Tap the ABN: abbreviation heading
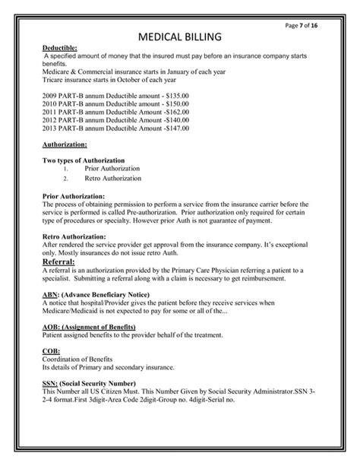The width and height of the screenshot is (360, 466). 52,294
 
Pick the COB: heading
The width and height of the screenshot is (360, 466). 52,351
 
